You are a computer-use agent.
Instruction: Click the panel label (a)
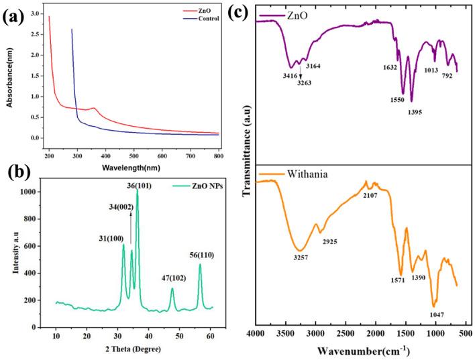15,15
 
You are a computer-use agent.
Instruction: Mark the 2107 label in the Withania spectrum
371,194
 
